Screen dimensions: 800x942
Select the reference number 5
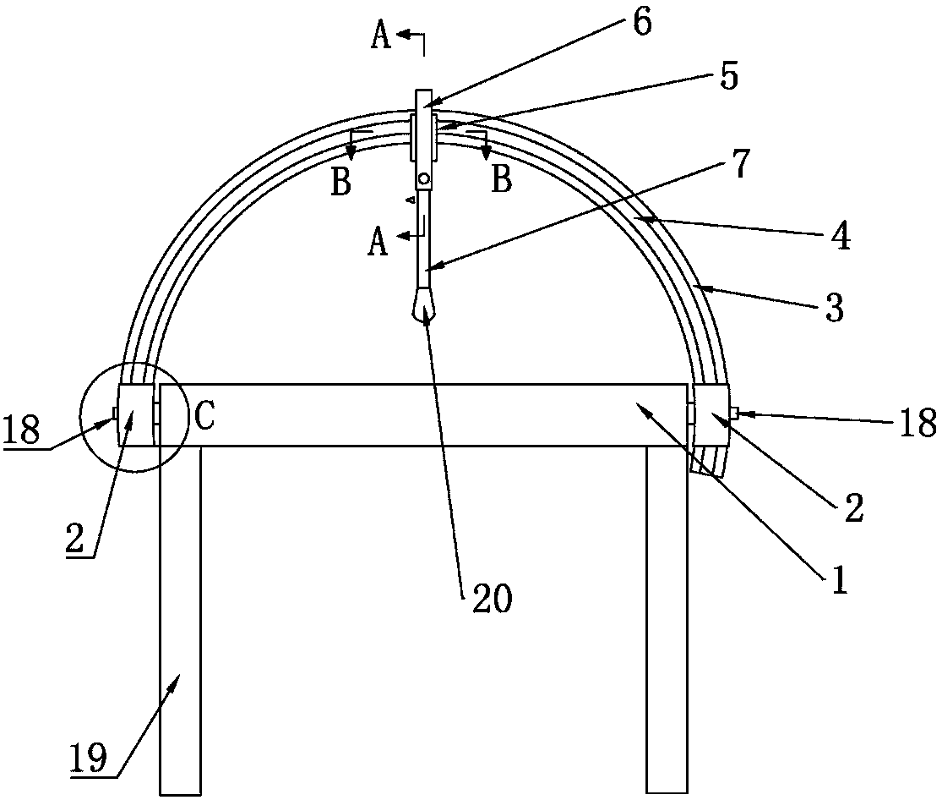point(727,77)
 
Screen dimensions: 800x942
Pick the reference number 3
point(833,308)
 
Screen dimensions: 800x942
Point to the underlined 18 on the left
point(23,428)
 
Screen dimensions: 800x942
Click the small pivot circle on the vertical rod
point(423,179)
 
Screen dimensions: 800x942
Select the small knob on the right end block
point(735,413)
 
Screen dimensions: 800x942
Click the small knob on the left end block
point(113,414)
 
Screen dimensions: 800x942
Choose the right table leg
point(667,617)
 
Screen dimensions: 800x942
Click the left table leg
point(180,617)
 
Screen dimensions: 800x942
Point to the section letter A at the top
point(382,38)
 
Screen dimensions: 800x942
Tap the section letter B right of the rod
point(502,179)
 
